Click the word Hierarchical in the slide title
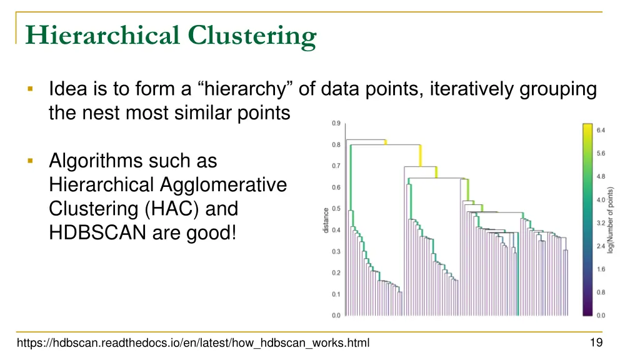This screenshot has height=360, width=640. (104, 36)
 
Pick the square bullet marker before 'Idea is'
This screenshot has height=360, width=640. (29, 89)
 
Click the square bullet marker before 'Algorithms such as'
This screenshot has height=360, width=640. (29, 161)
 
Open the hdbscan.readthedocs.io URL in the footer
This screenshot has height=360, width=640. (193, 342)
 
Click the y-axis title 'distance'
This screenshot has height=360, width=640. (326, 220)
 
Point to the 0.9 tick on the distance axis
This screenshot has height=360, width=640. (336, 123)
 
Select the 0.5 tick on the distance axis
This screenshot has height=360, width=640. (336, 209)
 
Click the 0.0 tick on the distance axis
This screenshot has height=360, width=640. (336, 316)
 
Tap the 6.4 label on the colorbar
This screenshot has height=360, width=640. (601, 130)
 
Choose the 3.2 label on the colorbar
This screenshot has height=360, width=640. (601, 222)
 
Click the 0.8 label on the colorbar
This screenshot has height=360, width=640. (601, 292)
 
